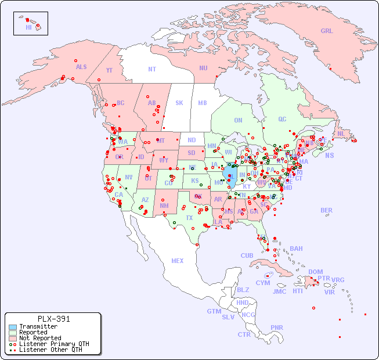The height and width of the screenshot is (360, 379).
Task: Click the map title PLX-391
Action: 53,319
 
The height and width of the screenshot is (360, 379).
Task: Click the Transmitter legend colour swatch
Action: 13,327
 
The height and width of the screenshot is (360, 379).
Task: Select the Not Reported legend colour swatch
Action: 13,338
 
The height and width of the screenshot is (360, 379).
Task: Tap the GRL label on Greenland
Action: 327,31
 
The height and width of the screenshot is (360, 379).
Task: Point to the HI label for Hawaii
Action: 28,27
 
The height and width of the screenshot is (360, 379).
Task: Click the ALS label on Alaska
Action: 81,67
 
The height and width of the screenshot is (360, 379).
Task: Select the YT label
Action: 109,70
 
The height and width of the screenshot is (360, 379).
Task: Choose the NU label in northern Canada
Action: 203,68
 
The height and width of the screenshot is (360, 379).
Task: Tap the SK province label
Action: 179,103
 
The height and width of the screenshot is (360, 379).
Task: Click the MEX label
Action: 178,261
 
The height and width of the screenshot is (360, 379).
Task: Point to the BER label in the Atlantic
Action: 327,210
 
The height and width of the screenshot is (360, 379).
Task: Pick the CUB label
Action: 247,255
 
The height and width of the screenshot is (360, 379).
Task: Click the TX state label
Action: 189,218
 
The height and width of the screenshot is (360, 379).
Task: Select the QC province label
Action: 282,119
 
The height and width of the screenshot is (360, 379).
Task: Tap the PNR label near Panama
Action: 277,327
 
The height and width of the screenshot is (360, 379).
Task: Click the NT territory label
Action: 152,69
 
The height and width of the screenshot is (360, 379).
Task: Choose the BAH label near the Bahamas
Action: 296,249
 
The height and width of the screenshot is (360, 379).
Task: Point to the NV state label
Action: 129,177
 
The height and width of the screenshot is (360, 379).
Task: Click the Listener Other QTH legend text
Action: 50,350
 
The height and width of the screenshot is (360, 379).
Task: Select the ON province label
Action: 238,120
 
